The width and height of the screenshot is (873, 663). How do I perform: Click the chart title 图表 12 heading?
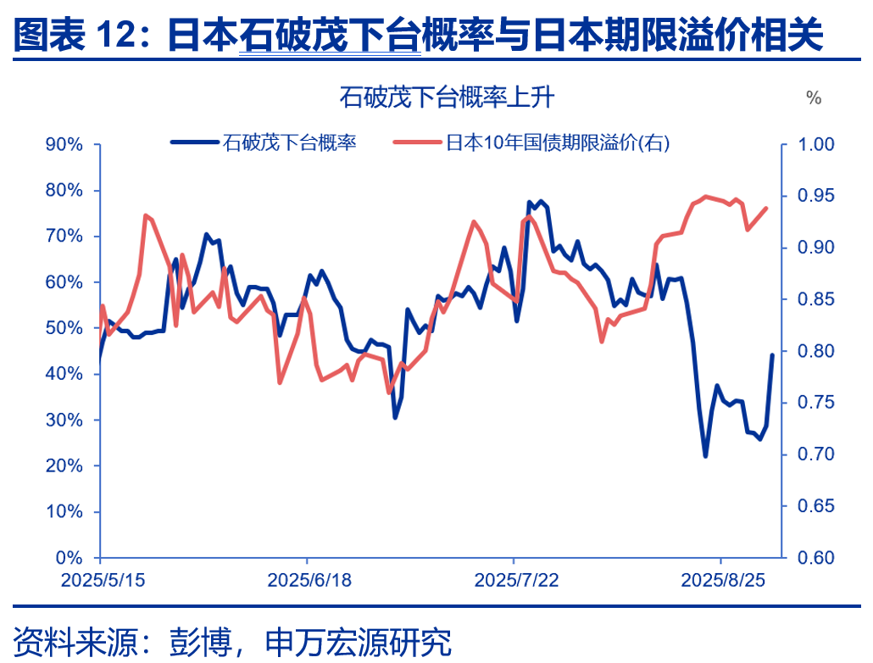(x=419, y=36)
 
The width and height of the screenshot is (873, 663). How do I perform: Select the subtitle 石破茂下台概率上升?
(x=447, y=97)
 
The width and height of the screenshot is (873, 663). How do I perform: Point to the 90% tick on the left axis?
(x=64, y=144)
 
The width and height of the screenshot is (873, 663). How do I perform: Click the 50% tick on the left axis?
(x=64, y=328)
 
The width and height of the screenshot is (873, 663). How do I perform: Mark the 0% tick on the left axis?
(x=69, y=558)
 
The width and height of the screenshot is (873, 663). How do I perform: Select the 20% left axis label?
(x=64, y=466)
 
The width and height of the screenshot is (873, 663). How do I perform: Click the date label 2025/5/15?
(x=100, y=581)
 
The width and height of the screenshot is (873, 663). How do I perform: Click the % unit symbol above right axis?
(x=814, y=98)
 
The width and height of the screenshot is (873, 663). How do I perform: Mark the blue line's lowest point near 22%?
(x=705, y=456)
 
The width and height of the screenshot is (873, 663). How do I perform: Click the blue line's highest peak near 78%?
(x=541, y=202)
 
